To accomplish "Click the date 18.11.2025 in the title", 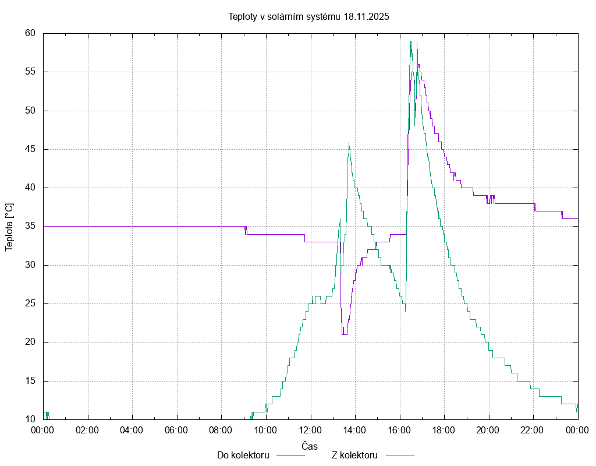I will coord(366,17).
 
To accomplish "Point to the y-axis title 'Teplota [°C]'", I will coord(9,227).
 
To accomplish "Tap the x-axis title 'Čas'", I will coord(310,446).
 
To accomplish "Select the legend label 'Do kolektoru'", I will coord(243,455).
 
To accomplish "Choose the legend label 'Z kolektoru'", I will coord(355,455).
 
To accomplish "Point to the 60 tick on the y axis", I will coord(31,33).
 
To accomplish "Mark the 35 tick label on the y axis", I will coord(31,226).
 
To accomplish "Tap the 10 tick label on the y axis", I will coord(31,419).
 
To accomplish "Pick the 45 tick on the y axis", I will coord(31,149).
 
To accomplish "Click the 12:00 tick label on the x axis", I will coord(310,430).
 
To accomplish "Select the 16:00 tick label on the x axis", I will coord(399,430).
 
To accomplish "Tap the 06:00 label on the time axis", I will coord(176,430).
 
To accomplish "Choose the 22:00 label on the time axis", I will coord(533,430).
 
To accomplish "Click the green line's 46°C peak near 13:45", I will coord(349,142).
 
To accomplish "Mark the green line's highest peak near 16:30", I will coord(411,41).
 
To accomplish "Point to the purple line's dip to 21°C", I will coord(345,334).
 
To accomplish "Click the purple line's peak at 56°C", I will coord(418,65).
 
